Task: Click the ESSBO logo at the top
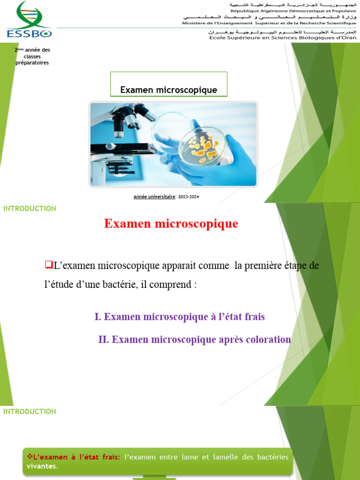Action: point(29,19)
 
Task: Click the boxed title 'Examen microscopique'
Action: point(169,90)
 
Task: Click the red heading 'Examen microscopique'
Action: point(171,224)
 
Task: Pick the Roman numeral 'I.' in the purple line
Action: point(97,317)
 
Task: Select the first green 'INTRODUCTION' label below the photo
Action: point(30,209)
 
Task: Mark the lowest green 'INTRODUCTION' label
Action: point(30,412)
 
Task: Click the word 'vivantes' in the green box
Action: point(42,466)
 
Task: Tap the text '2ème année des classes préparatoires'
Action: point(32,56)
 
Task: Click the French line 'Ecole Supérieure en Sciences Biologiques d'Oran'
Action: point(282,38)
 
